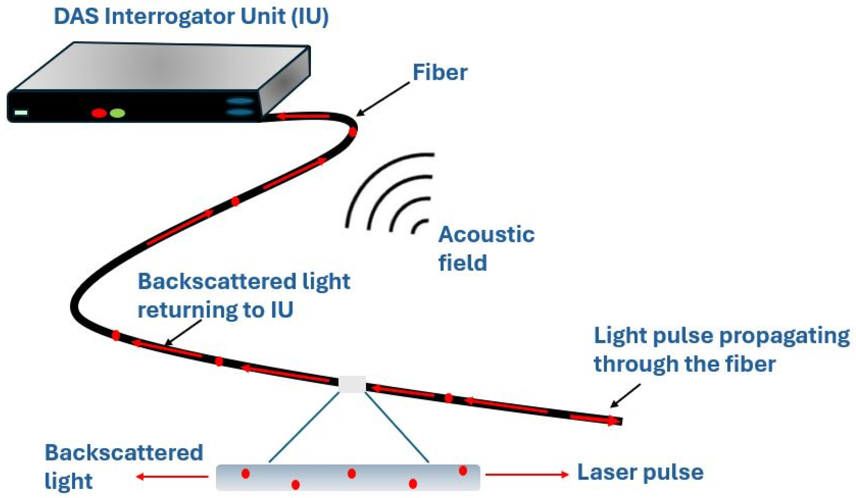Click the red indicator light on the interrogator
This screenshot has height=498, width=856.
click(x=99, y=113)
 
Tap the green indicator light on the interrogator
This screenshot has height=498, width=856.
click(x=118, y=113)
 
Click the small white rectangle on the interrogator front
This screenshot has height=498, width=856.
click(x=21, y=112)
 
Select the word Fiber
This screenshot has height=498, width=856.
click(x=440, y=73)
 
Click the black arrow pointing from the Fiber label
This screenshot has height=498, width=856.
click(x=383, y=99)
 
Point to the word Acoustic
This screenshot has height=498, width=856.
click(x=486, y=234)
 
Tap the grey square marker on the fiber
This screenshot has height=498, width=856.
click(x=352, y=384)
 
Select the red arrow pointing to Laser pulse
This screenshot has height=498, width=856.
click(x=527, y=474)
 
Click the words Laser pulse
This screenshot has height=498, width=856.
click(x=640, y=472)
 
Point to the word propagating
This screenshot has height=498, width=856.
click(x=785, y=336)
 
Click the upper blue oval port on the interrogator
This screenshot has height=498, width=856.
click(x=240, y=101)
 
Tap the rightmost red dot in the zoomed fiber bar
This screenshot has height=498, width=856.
click(x=463, y=471)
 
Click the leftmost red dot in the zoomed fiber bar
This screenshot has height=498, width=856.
click(x=245, y=473)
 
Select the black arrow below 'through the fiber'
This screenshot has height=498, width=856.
click(x=625, y=396)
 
